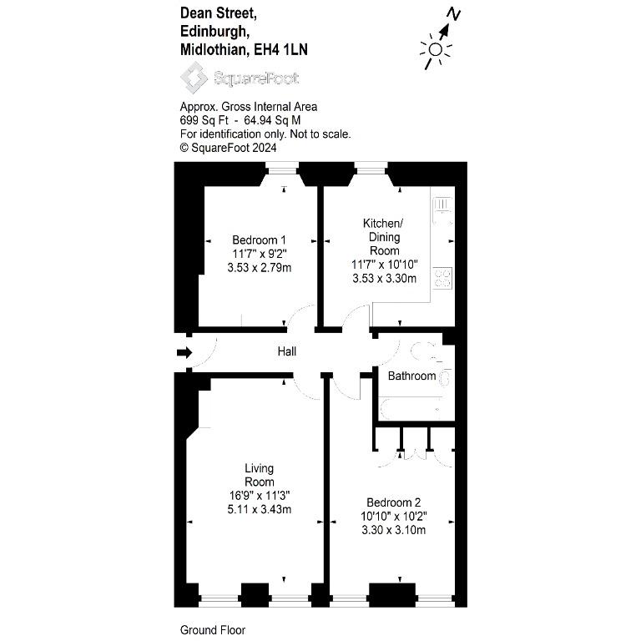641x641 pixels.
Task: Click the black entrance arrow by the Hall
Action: [184, 352]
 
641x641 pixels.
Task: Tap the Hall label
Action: [286, 351]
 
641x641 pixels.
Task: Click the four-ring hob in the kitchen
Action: [442, 278]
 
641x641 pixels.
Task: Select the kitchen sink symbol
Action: [442, 210]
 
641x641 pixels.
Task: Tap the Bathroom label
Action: [411, 376]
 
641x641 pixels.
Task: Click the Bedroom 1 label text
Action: [259, 240]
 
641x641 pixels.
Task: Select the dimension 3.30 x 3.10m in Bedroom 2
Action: [393, 530]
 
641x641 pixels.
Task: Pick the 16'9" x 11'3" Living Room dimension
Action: [260, 496]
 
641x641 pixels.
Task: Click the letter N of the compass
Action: [453, 14]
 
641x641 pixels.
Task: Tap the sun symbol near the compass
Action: [436, 49]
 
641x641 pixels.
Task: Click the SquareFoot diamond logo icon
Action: [194, 78]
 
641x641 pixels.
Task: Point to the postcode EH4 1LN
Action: [280, 50]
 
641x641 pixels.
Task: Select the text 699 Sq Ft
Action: [204, 120]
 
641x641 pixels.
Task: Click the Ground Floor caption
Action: [213, 630]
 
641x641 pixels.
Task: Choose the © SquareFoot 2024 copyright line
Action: [228, 148]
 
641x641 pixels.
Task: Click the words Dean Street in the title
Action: [219, 13]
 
